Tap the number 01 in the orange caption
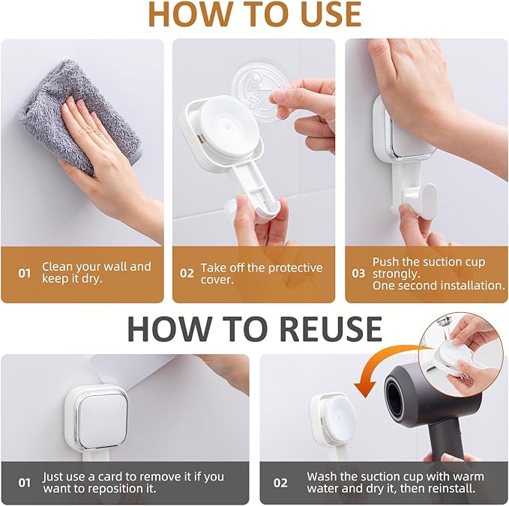[25, 273]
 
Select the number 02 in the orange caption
[187, 273]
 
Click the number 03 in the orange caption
[358, 273]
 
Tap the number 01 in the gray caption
[25, 483]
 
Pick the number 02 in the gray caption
[280, 483]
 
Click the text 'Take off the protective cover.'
[261, 273]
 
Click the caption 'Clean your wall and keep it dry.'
[96, 272]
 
